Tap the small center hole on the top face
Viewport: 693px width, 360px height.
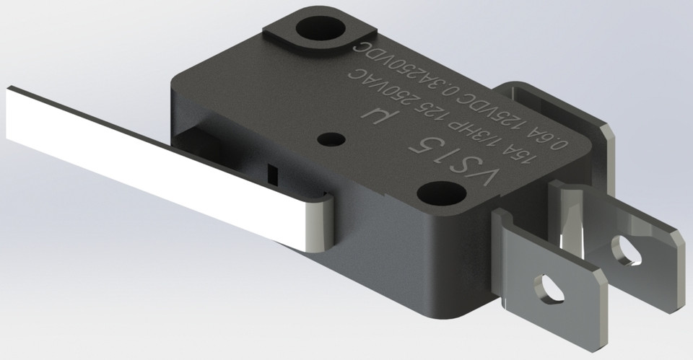pyautogui.click(x=332, y=138)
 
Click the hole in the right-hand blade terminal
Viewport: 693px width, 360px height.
pyautogui.click(x=625, y=249)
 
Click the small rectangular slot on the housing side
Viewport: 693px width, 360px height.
pyautogui.click(x=272, y=175)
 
